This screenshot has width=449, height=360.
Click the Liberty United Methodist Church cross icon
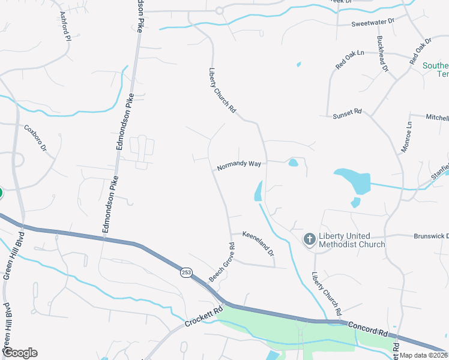pos(309,240)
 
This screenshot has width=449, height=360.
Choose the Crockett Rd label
pos(203,316)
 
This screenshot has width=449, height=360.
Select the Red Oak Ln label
pos(350,60)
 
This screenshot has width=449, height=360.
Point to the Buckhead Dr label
pos(382,53)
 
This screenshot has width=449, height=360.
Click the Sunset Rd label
pos(348,112)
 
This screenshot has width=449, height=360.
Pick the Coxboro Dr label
pos(35,137)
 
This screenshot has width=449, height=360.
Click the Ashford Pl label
pos(65,26)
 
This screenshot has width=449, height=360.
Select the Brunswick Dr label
pos(431,236)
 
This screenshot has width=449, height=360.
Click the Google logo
pos(20,353)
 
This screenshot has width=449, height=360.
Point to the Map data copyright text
pos(424,355)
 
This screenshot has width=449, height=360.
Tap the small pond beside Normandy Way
pos(293,163)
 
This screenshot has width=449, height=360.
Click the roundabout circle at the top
pos(219,10)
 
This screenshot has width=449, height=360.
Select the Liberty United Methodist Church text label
pos(352,240)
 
